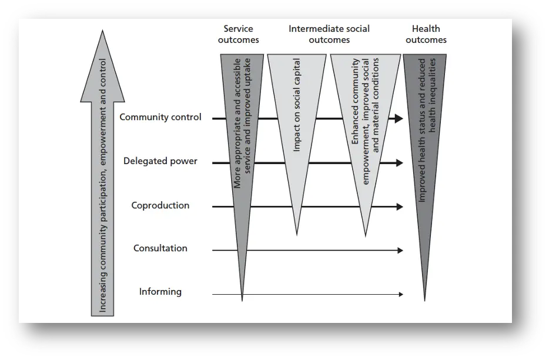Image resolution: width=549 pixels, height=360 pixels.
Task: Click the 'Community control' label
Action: coord(160,117)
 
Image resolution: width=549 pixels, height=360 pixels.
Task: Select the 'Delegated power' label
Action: coord(160,161)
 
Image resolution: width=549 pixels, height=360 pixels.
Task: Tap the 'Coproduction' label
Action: coord(160,205)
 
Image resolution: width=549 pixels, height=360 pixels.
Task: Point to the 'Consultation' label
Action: coord(160,248)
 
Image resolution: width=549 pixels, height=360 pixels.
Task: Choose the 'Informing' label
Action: coord(160,292)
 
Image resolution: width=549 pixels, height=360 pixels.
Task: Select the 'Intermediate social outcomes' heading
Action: coord(329,34)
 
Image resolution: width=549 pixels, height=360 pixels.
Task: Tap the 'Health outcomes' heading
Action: coord(426,34)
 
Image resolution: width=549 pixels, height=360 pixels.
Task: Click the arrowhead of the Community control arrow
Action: coord(399,119)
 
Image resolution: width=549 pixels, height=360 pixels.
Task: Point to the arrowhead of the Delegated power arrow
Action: coord(400,163)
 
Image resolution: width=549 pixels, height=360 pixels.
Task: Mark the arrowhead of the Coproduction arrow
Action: coord(400,207)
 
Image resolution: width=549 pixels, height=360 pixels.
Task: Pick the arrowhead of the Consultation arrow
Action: coord(400,251)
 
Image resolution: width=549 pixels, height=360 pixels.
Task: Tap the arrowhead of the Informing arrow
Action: coord(400,294)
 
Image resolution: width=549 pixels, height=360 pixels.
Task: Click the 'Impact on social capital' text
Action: coord(297,106)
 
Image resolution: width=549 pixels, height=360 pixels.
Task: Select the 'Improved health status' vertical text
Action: coord(427,129)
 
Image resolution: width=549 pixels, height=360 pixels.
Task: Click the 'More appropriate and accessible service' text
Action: coord(242,124)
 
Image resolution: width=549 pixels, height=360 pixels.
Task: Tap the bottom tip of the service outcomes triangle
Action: coord(242,299)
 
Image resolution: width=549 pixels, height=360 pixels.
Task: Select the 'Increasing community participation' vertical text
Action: coord(103,185)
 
